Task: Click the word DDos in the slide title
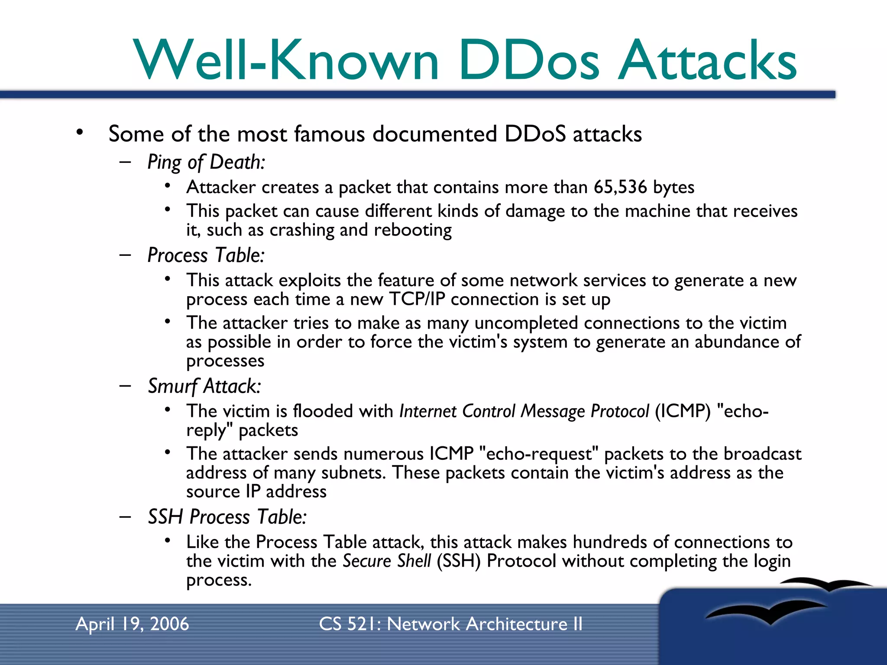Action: tap(529, 61)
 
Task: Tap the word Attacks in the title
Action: tap(707, 61)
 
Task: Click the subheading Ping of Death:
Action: tap(206, 162)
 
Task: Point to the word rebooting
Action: tap(413, 230)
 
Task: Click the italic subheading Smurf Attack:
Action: tap(204, 386)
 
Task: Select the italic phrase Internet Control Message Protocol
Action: tap(524, 411)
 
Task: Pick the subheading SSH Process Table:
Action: tap(227, 517)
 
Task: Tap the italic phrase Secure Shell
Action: tap(387, 561)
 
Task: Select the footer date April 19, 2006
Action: tap(132, 624)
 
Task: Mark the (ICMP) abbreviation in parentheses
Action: tap(683, 411)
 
